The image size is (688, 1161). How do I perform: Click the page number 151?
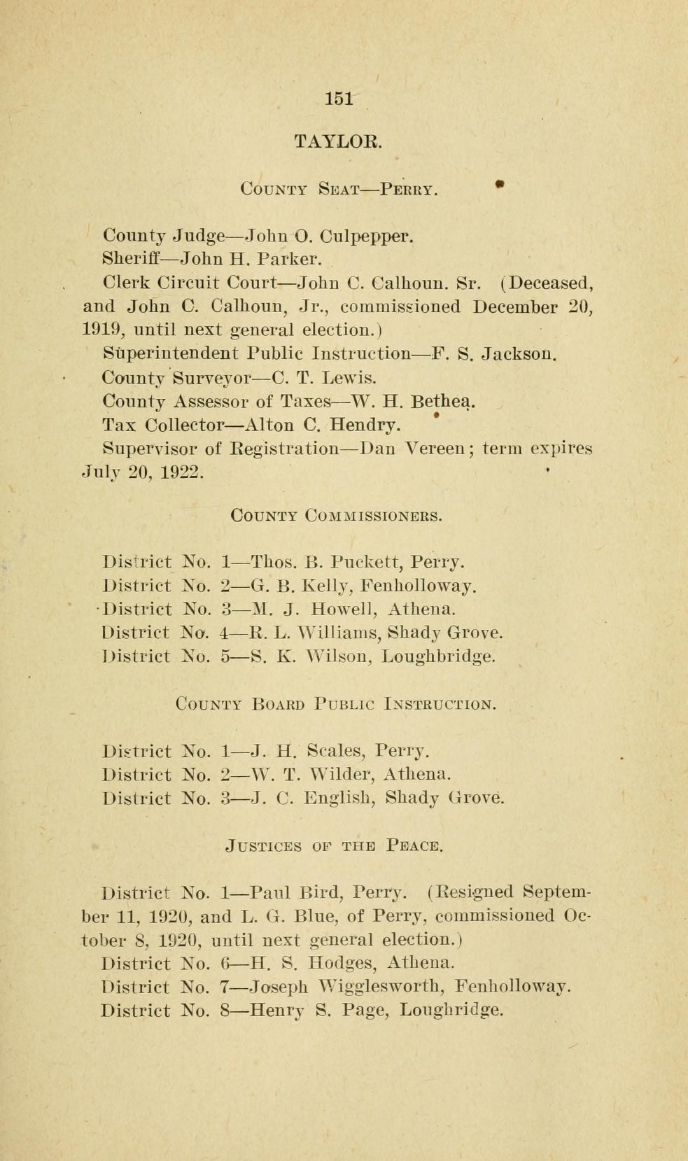[339, 98]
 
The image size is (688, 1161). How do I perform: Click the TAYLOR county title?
[338, 141]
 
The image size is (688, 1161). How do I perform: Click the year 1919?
[102, 330]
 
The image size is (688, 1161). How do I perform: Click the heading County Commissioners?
[337, 516]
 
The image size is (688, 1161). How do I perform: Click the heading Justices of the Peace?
[335, 847]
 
